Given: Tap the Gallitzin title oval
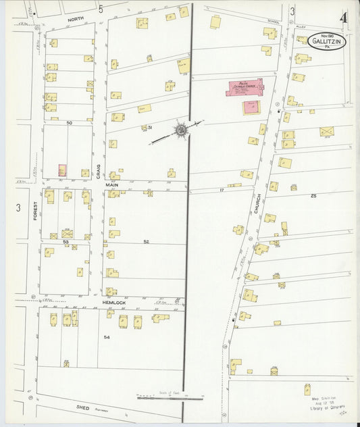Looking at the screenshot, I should pyautogui.click(x=328, y=42).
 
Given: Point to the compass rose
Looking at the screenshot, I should pyautogui.click(x=181, y=129).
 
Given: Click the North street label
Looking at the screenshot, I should pyautogui.click(x=76, y=20).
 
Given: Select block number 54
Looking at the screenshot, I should pyautogui.click(x=106, y=336).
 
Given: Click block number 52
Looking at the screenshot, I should pyautogui.click(x=146, y=241).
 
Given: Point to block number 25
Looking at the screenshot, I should pyautogui.click(x=313, y=195).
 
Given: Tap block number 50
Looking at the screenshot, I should pyautogui.click(x=69, y=122).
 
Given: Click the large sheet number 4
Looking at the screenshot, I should pyautogui.click(x=344, y=17).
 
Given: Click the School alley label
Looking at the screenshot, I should pyautogui.click(x=273, y=21).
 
